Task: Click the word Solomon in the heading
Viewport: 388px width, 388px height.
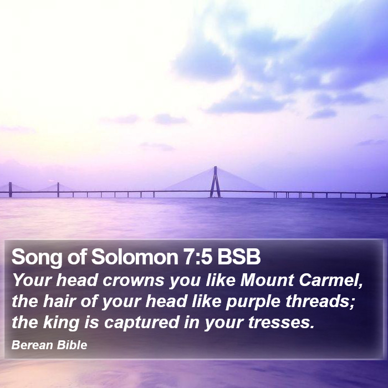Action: (135, 257)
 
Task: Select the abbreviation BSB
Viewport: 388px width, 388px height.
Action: (239, 257)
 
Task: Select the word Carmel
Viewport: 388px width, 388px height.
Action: (331, 280)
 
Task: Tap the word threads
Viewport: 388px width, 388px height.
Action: (320, 302)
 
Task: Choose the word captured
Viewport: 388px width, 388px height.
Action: (141, 323)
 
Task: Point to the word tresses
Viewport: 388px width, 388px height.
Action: (281, 323)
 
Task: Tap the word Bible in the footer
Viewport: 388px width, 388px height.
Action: (72, 345)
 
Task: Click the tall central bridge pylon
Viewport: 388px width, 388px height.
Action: (215, 182)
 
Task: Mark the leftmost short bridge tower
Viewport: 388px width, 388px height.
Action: (10, 190)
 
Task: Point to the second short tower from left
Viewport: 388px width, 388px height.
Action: (58, 190)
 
